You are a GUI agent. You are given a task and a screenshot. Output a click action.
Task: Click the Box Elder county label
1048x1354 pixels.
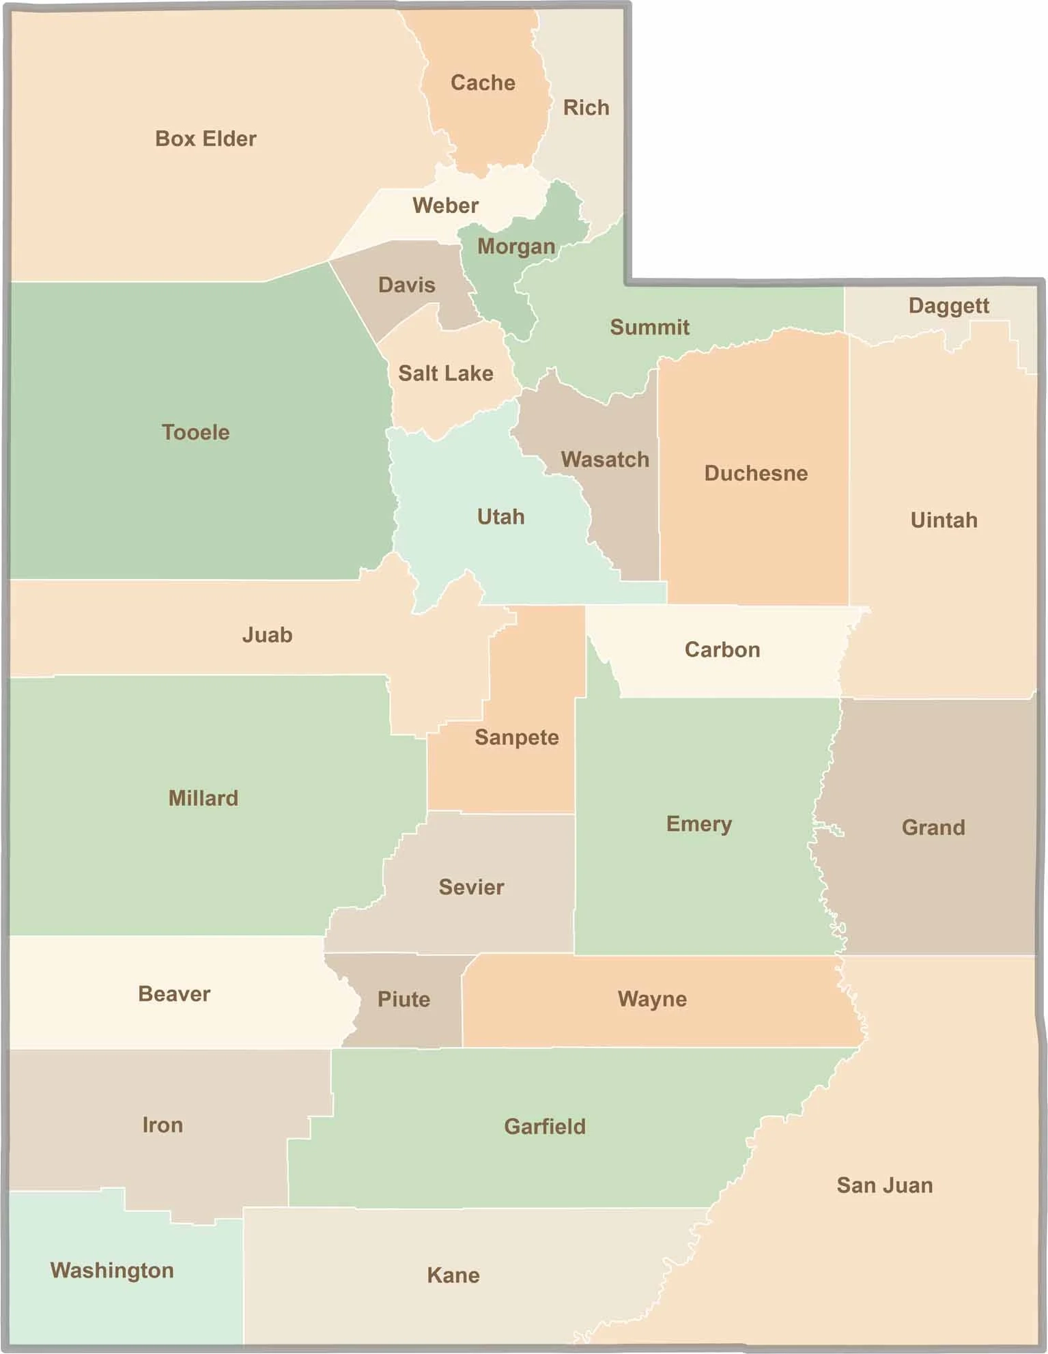pos(206,139)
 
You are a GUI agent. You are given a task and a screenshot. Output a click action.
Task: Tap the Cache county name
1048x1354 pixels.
pos(483,83)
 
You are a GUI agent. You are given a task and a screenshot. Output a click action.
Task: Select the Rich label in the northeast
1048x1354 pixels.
pos(586,107)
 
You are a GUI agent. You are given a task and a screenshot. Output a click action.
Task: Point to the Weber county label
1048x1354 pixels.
pos(445,205)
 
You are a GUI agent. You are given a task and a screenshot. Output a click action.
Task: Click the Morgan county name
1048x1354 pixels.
pos(515,246)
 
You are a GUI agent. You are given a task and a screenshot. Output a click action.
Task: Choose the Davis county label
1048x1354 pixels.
pos(406,284)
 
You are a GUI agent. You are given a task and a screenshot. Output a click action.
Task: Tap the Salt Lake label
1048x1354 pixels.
pos(445,373)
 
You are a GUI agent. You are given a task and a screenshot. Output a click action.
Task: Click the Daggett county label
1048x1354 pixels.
pos(948,305)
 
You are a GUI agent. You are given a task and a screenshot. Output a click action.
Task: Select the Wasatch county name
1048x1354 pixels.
pos(605,459)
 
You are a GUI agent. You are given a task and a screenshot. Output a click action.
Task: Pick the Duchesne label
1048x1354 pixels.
pos(756,473)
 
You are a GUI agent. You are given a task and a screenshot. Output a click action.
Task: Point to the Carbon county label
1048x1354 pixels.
pos(722,649)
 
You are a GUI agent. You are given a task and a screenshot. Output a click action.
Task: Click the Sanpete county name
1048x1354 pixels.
pos(516,737)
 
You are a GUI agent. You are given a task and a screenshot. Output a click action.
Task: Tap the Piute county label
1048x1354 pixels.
pos(403,999)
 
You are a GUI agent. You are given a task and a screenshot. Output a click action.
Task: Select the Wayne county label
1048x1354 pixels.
pos(652,998)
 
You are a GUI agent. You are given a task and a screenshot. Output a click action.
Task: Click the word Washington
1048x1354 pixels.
pos(112,1269)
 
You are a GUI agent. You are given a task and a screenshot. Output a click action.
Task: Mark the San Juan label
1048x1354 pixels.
pos(884,1185)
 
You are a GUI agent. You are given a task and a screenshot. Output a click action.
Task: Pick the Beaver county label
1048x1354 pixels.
pos(174,993)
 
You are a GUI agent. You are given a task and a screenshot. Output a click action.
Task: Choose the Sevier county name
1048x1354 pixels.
pos(471,886)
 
